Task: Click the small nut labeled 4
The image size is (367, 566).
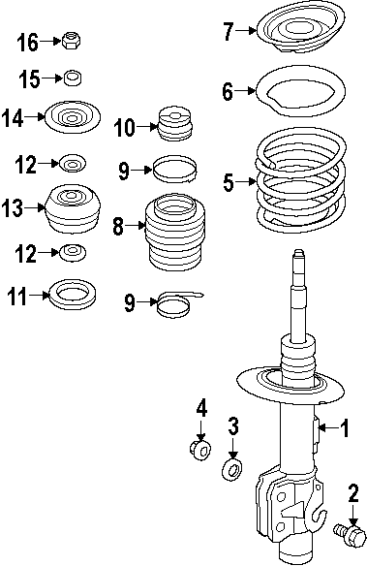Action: point(199,451)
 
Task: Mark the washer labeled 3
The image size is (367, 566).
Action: point(232,470)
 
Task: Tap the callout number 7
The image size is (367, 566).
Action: point(229,32)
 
